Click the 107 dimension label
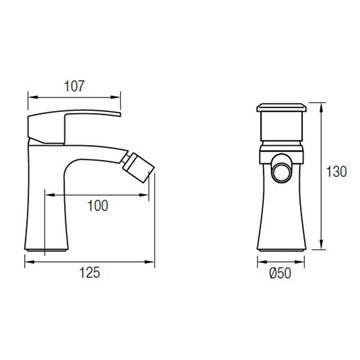coord(75,86)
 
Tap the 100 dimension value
coord(98,206)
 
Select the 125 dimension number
coord(89,273)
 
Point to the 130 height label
coord(336,172)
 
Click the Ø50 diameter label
coord(280,273)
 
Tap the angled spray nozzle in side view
coord(137,167)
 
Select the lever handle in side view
coord(73,127)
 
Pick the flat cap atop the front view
coord(281,107)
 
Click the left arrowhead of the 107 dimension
coord(33,97)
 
